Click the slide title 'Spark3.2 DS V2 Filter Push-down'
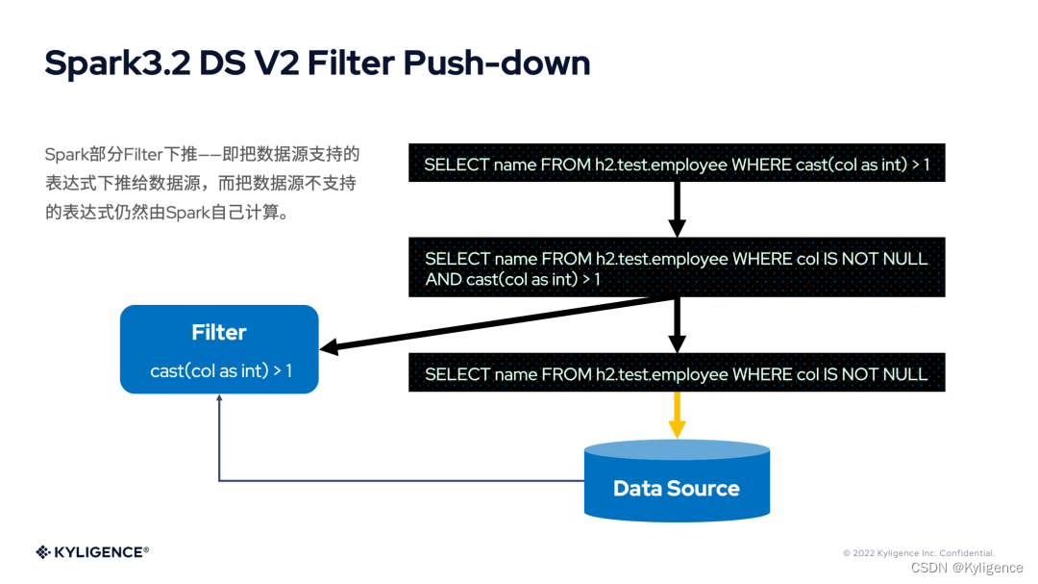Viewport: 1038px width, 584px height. [x=317, y=63]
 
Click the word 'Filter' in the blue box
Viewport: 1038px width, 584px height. [x=219, y=333]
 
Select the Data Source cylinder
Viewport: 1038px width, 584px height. [x=677, y=481]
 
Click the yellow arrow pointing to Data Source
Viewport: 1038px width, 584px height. [x=677, y=414]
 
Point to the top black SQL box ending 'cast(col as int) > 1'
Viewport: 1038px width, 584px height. [x=677, y=165]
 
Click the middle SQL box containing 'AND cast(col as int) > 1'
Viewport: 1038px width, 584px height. [x=677, y=268]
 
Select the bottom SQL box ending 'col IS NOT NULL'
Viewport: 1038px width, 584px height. [x=677, y=373]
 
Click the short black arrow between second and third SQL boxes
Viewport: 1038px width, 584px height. [x=677, y=325]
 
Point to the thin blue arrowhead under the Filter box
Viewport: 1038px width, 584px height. [x=219, y=400]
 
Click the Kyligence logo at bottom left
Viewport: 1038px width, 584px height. [x=92, y=551]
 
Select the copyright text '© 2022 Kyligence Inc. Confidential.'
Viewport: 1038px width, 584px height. [x=918, y=553]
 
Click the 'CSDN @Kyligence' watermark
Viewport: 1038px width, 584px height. [x=966, y=568]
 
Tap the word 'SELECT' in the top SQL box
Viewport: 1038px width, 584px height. [x=457, y=165]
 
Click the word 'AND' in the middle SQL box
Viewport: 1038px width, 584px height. [x=443, y=279]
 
